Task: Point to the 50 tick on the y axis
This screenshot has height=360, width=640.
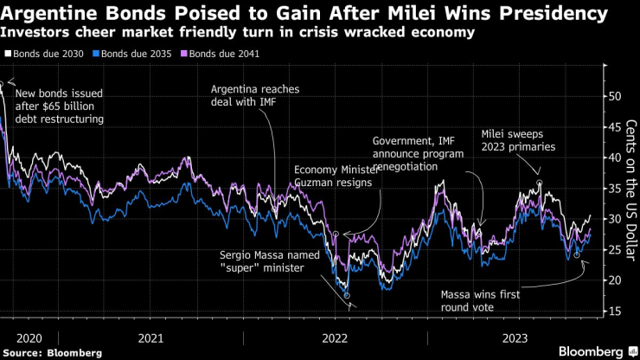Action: (614, 96)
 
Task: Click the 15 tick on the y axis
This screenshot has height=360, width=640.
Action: (614, 311)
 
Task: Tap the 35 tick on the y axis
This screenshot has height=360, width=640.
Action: (614, 188)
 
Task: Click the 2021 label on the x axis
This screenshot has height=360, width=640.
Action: (152, 337)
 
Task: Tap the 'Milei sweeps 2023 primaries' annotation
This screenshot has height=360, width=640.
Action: (518, 140)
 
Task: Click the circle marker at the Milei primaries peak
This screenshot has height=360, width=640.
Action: (539, 183)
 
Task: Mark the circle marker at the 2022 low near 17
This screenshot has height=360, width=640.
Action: (347, 296)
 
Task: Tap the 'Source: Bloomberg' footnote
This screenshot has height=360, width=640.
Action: (51, 352)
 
